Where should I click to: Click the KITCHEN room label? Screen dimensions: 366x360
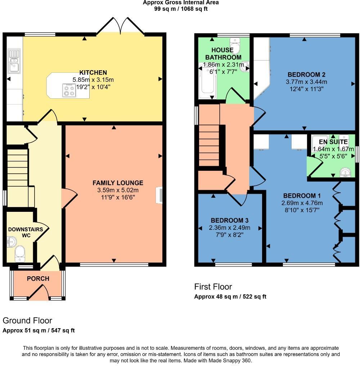[93, 73]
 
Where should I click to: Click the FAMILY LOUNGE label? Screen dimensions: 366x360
[118, 183]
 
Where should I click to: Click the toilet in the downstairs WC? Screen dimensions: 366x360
[20, 254]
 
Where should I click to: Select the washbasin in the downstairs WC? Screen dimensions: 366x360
[10, 242]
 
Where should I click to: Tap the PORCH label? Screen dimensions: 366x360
[38, 278]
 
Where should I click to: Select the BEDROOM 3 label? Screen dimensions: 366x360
[230, 220]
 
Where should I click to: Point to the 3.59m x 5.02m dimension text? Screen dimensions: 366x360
[118, 190]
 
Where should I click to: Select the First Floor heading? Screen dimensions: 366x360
[213, 287]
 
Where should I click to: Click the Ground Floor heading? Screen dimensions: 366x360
[27, 321]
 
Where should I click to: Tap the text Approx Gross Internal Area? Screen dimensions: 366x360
[181, 3]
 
